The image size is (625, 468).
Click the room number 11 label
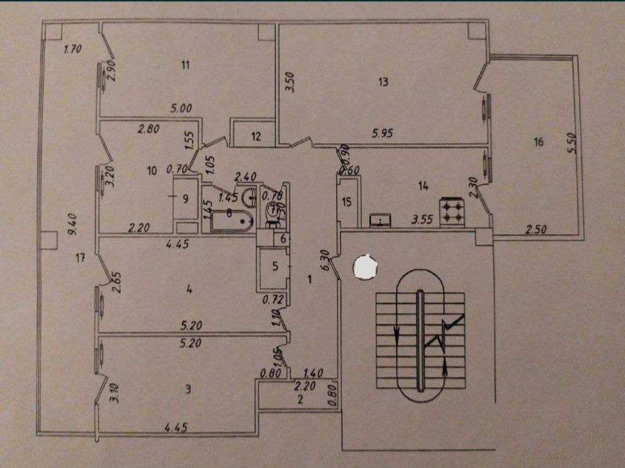pos(186,65)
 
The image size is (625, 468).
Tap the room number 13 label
pos(383,83)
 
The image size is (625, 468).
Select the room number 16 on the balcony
pos(539,142)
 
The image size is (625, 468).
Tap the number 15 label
pos(347,201)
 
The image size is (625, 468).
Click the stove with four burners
pos(452,213)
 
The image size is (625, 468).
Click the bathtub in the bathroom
pos(229,220)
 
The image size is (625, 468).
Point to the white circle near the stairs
pos(365,267)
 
